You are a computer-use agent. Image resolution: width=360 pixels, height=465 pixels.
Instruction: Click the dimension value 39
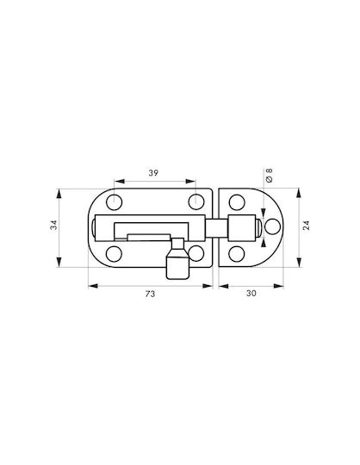point(153,172)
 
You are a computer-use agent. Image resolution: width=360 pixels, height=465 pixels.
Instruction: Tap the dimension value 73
point(150,294)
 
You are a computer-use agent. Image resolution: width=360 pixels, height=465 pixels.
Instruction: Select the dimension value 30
point(251,293)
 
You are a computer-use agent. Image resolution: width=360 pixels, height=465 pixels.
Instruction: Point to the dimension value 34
point(53,225)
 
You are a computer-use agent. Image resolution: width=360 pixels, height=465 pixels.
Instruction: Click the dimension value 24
point(307,225)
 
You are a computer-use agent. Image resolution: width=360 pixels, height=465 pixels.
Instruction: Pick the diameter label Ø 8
point(270,176)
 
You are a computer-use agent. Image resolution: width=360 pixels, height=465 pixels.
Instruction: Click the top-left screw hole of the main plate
point(115,202)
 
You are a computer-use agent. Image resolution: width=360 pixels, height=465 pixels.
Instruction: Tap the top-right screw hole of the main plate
point(196,201)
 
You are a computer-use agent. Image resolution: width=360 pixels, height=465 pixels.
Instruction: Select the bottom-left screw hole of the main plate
point(114,254)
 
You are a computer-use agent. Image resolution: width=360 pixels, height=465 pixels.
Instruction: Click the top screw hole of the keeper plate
point(237,202)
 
